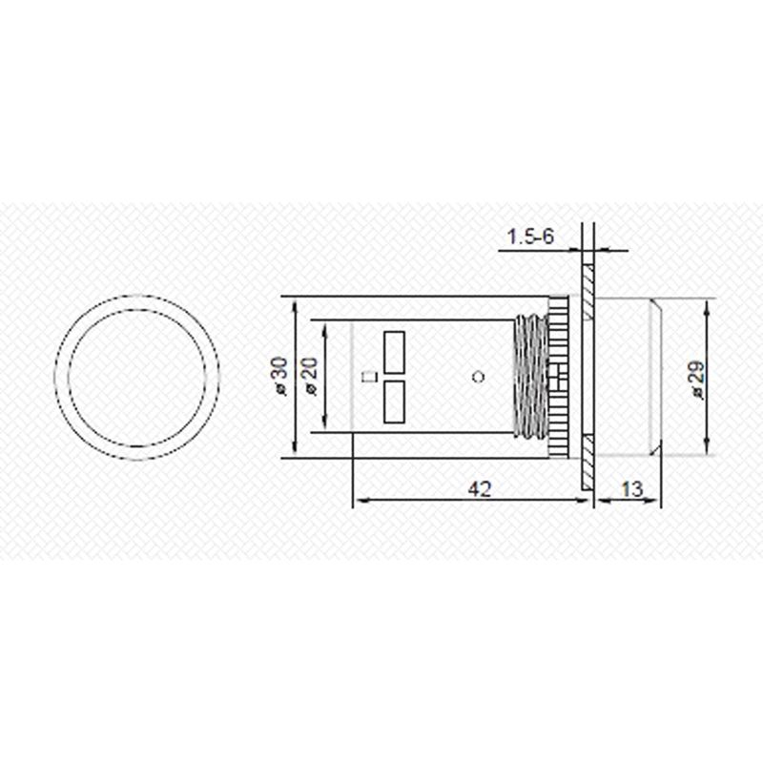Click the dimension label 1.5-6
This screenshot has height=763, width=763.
coord(530,237)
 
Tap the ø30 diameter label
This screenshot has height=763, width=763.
coord(281,376)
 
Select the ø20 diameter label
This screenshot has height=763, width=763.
coord(310,376)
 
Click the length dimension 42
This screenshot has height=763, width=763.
coord(480,489)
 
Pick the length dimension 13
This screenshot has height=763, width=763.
coord(631,489)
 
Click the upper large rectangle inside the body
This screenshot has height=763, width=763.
coord(394,352)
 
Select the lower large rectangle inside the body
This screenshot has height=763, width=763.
coord(394,402)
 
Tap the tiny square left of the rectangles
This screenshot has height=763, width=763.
coord(371,377)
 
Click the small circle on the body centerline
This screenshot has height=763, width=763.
coord(480,377)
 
